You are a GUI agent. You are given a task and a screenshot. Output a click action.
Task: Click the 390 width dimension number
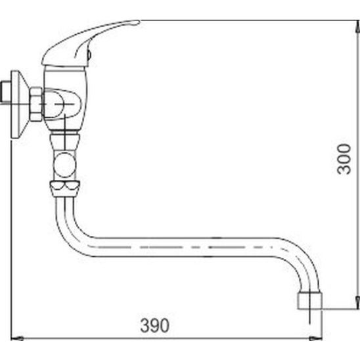[x=155, y=325]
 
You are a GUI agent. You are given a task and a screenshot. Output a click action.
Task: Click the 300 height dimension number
[x=344, y=159]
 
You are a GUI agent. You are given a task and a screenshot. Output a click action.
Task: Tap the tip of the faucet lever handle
[x=139, y=22]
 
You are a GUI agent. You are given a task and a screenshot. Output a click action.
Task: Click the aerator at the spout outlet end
[x=309, y=300]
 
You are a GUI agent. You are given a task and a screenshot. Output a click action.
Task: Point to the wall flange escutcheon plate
[x=18, y=104]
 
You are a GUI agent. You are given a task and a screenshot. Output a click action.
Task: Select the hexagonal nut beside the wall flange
[x=36, y=104]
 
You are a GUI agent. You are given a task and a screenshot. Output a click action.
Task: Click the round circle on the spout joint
[x=65, y=165]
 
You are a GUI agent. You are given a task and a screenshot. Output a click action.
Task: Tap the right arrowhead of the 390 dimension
[x=316, y=338]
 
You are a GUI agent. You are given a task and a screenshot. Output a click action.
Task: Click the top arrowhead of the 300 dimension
[x=357, y=26]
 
